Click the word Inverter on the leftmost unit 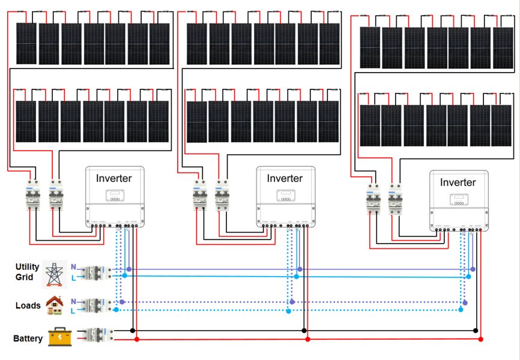(x=114, y=178)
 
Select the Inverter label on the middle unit (x=285, y=178)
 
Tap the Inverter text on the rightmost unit (x=458, y=182)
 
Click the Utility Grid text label (x=28, y=272)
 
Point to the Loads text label (x=28, y=305)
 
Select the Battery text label (x=28, y=338)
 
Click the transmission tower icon (x=56, y=274)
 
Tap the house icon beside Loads (x=55, y=305)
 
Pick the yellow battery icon (x=59, y=337)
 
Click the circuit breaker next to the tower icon (x=95, y=273)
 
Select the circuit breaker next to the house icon (x=95, y=305)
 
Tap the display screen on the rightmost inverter (x=458, y=200)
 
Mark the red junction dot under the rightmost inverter (x=481, y=340)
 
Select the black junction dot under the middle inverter (x=304, y=331)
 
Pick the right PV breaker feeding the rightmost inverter (x=395, y=199)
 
